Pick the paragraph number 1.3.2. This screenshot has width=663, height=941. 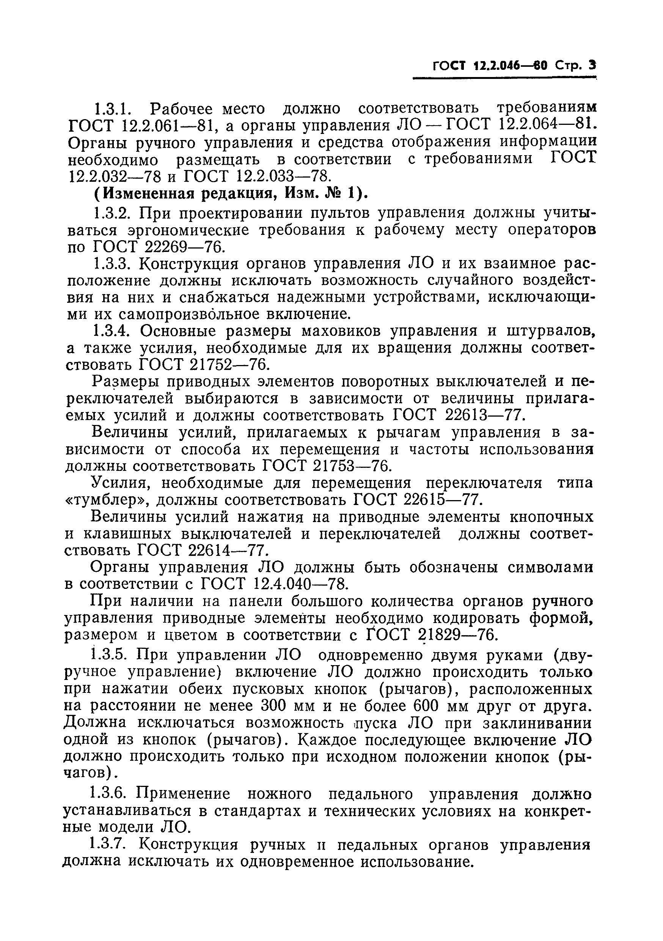pos(112,214)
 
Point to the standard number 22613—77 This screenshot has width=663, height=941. pos(484,416)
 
